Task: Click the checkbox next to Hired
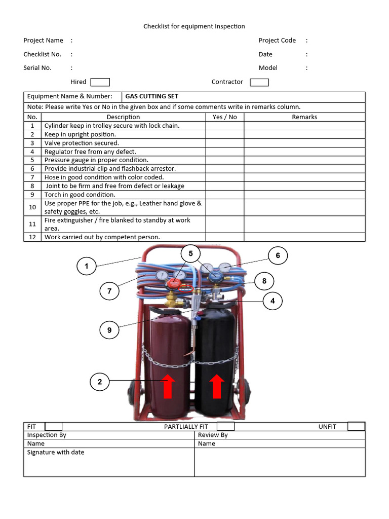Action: pyautogui.click(x=100, y=82)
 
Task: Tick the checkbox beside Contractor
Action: pyautogui.click(x=259, y=82)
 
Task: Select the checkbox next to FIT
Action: pyautogui.click(x=54, y=427)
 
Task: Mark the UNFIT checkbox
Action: pyautogui.click(x=356, y=426)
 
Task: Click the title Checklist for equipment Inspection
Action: pyautogui.click(x=194, y=26)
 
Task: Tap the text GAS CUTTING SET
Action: pyautogui.click(x=151, y=96)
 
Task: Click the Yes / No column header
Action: pyautogui.click(x=225, y=117)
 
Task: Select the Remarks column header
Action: pyautogui.click(x=304, y=117)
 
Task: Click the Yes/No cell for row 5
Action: pyautogui.click(x=225, y=160)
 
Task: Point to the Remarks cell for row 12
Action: pyautogui.click(x=304, y=237)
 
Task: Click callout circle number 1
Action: pyautogui.click(x=87, y=266)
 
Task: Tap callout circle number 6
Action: pyautogui.click(x=278, y=256)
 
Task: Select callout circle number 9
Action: pyautogui.click(x=109, y=330)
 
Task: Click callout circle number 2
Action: pyautogui.click(x=100, y=382)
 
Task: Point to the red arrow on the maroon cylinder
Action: pyautogui.click(x=169, y=386)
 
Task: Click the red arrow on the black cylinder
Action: pyautogui.click(x=217, y=386)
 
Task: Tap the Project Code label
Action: pyautogui.click(x=277, y=41)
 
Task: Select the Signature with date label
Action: pyautogui.click(x=56, y=453)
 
